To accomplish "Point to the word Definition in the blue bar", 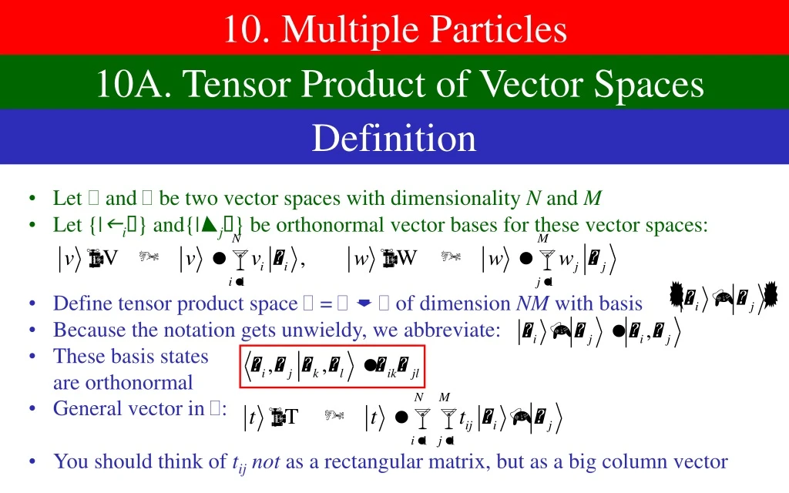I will [x=394, y=138].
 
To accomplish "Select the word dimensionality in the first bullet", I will [x=455, y=199].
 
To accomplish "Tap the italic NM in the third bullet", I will [x=532, y=304].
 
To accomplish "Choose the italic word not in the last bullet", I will [x=266, y=461].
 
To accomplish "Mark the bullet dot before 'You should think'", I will [x=32, y=461].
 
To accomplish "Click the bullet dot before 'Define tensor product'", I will [x=32, y=304].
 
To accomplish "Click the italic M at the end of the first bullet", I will [x=592, y=199].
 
